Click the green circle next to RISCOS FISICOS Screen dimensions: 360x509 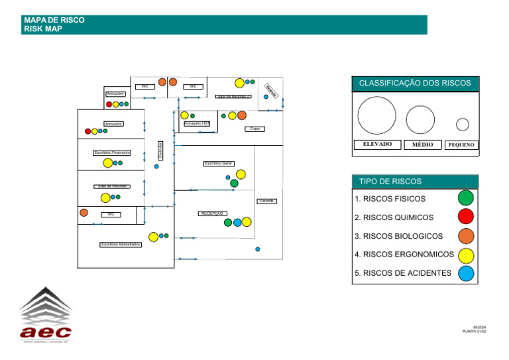(x=466, y=198)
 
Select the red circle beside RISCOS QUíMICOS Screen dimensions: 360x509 (x=466, y=216)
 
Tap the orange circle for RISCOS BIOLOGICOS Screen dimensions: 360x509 (x=466, y=235)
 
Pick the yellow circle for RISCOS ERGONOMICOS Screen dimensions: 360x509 (x=466, y=255)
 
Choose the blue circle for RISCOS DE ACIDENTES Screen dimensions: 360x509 (x=466, y=272)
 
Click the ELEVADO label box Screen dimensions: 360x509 (x=377, y=145)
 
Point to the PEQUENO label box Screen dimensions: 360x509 (x=461, y=145)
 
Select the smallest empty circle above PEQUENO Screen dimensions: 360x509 (x=463, y=124)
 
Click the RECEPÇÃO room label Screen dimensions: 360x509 (x=213, y=213)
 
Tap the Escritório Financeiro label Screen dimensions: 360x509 (x=112, y=152)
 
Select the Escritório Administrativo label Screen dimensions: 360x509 (x=121, y=245)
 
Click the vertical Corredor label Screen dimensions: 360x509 (x=160, y=149)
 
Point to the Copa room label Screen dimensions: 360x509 (x=254, y=129)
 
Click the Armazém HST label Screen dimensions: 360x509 (x=197, y=123)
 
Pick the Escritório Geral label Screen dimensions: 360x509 (x=218, y=163)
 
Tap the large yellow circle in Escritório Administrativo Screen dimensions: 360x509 (x=154, y=237)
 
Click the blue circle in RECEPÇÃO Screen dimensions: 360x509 (x=237, y=223)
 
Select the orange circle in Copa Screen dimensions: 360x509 (x=242, y=115)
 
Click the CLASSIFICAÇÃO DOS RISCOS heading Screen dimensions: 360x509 (x=415, y=84)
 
